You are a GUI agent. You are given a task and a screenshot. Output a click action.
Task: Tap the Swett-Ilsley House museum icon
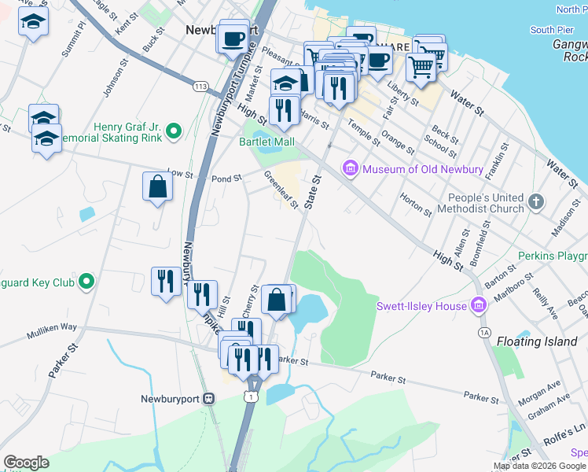click(x=478, y=306)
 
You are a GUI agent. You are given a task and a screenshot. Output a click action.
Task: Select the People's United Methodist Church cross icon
click(x=536, y=200)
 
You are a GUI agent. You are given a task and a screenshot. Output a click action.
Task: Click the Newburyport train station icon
click(x=208, y=398)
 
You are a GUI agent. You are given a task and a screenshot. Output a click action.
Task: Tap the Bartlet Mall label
click(x=266, y=142)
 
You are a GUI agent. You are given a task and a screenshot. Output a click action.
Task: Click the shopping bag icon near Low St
click(x=157, y=186)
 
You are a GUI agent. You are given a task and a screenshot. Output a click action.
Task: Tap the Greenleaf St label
click(x=281, y=190)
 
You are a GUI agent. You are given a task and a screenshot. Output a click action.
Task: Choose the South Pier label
click(x=552, y=30)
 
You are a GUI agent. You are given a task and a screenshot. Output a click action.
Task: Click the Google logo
click(x=26, y=463)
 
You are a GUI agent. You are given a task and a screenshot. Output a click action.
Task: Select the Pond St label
click(x=226, y=179)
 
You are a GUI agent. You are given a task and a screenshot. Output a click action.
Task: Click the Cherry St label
click(x=252, y=301)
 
